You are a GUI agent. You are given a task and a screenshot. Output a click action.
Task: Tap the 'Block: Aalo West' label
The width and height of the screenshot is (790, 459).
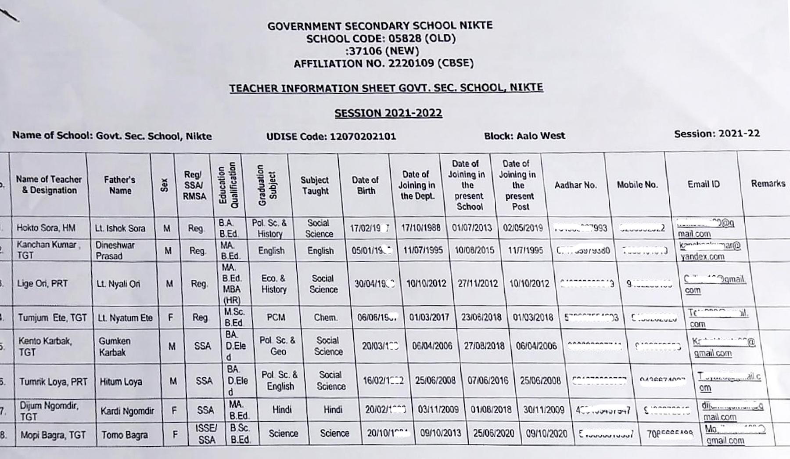click(524, 136)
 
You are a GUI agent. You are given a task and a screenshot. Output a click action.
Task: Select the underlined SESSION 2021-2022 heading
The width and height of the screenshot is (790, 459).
click(388, 113)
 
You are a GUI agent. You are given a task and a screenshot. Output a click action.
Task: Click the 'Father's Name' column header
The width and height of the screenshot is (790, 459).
click(120, 185)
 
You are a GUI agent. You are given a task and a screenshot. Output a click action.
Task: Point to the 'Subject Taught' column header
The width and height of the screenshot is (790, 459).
click(315, 185)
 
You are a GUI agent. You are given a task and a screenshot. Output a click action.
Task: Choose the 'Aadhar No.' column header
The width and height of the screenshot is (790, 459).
click(575, 185)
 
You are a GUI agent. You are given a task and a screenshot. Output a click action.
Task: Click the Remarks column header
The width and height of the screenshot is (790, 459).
click(768, 184)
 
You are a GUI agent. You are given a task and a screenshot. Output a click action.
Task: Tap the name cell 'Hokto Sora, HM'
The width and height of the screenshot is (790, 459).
click(46, 228)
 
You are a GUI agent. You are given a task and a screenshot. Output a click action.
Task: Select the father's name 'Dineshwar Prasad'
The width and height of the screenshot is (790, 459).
click(115, 250)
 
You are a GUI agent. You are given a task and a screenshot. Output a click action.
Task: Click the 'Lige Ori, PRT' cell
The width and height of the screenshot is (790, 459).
click(43, 284)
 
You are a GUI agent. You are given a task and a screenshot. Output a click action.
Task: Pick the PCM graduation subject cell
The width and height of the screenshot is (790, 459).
click(276, 317)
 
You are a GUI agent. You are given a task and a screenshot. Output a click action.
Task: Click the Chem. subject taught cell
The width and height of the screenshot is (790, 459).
click(325, 317)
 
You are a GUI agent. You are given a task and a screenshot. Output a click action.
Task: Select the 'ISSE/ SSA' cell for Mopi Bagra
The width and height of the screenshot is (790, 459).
click(206, 434)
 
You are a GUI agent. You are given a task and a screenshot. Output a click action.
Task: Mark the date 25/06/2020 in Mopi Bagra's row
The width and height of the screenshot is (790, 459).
click(493, 434)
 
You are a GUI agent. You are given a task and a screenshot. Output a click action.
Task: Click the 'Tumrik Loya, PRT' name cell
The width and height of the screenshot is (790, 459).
click(53, 382)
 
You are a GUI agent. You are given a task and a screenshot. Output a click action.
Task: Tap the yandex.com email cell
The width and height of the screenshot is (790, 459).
click(710, 251)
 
